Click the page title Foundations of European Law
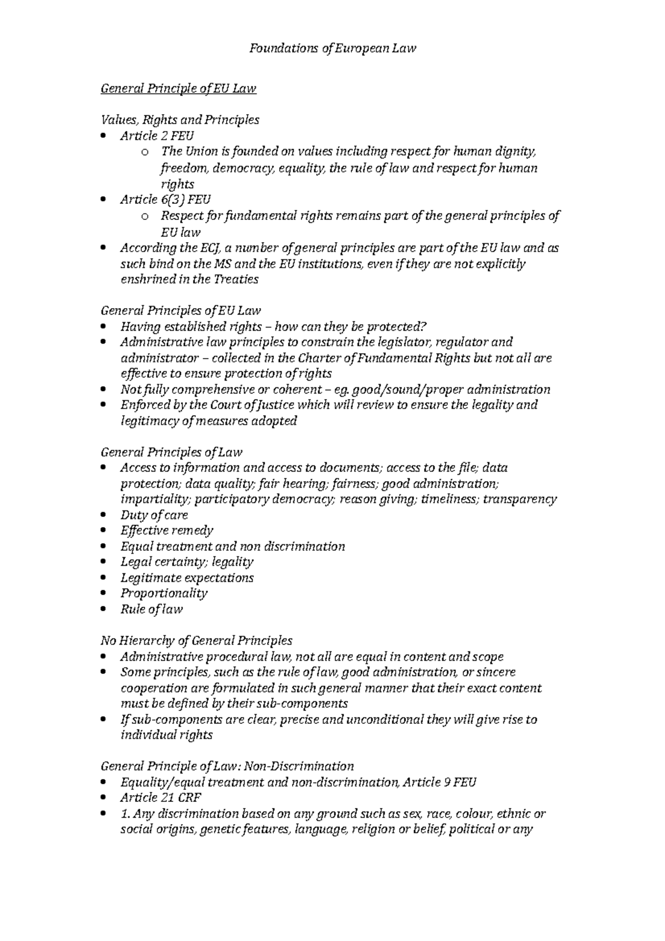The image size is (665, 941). (332, 48)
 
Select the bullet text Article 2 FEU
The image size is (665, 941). (157, 136)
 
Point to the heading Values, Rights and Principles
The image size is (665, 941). (180, 120)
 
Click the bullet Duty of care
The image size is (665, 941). (154, 515)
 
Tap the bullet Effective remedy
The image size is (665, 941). (167, 530)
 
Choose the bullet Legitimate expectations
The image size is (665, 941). (187, 578)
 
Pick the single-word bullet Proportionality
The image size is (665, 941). (164, 593)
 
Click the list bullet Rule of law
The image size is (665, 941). (151, 609)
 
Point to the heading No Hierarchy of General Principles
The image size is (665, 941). (196, 641)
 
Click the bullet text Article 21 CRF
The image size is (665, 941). (161, 797)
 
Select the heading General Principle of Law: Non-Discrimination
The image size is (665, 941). (227, 766)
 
